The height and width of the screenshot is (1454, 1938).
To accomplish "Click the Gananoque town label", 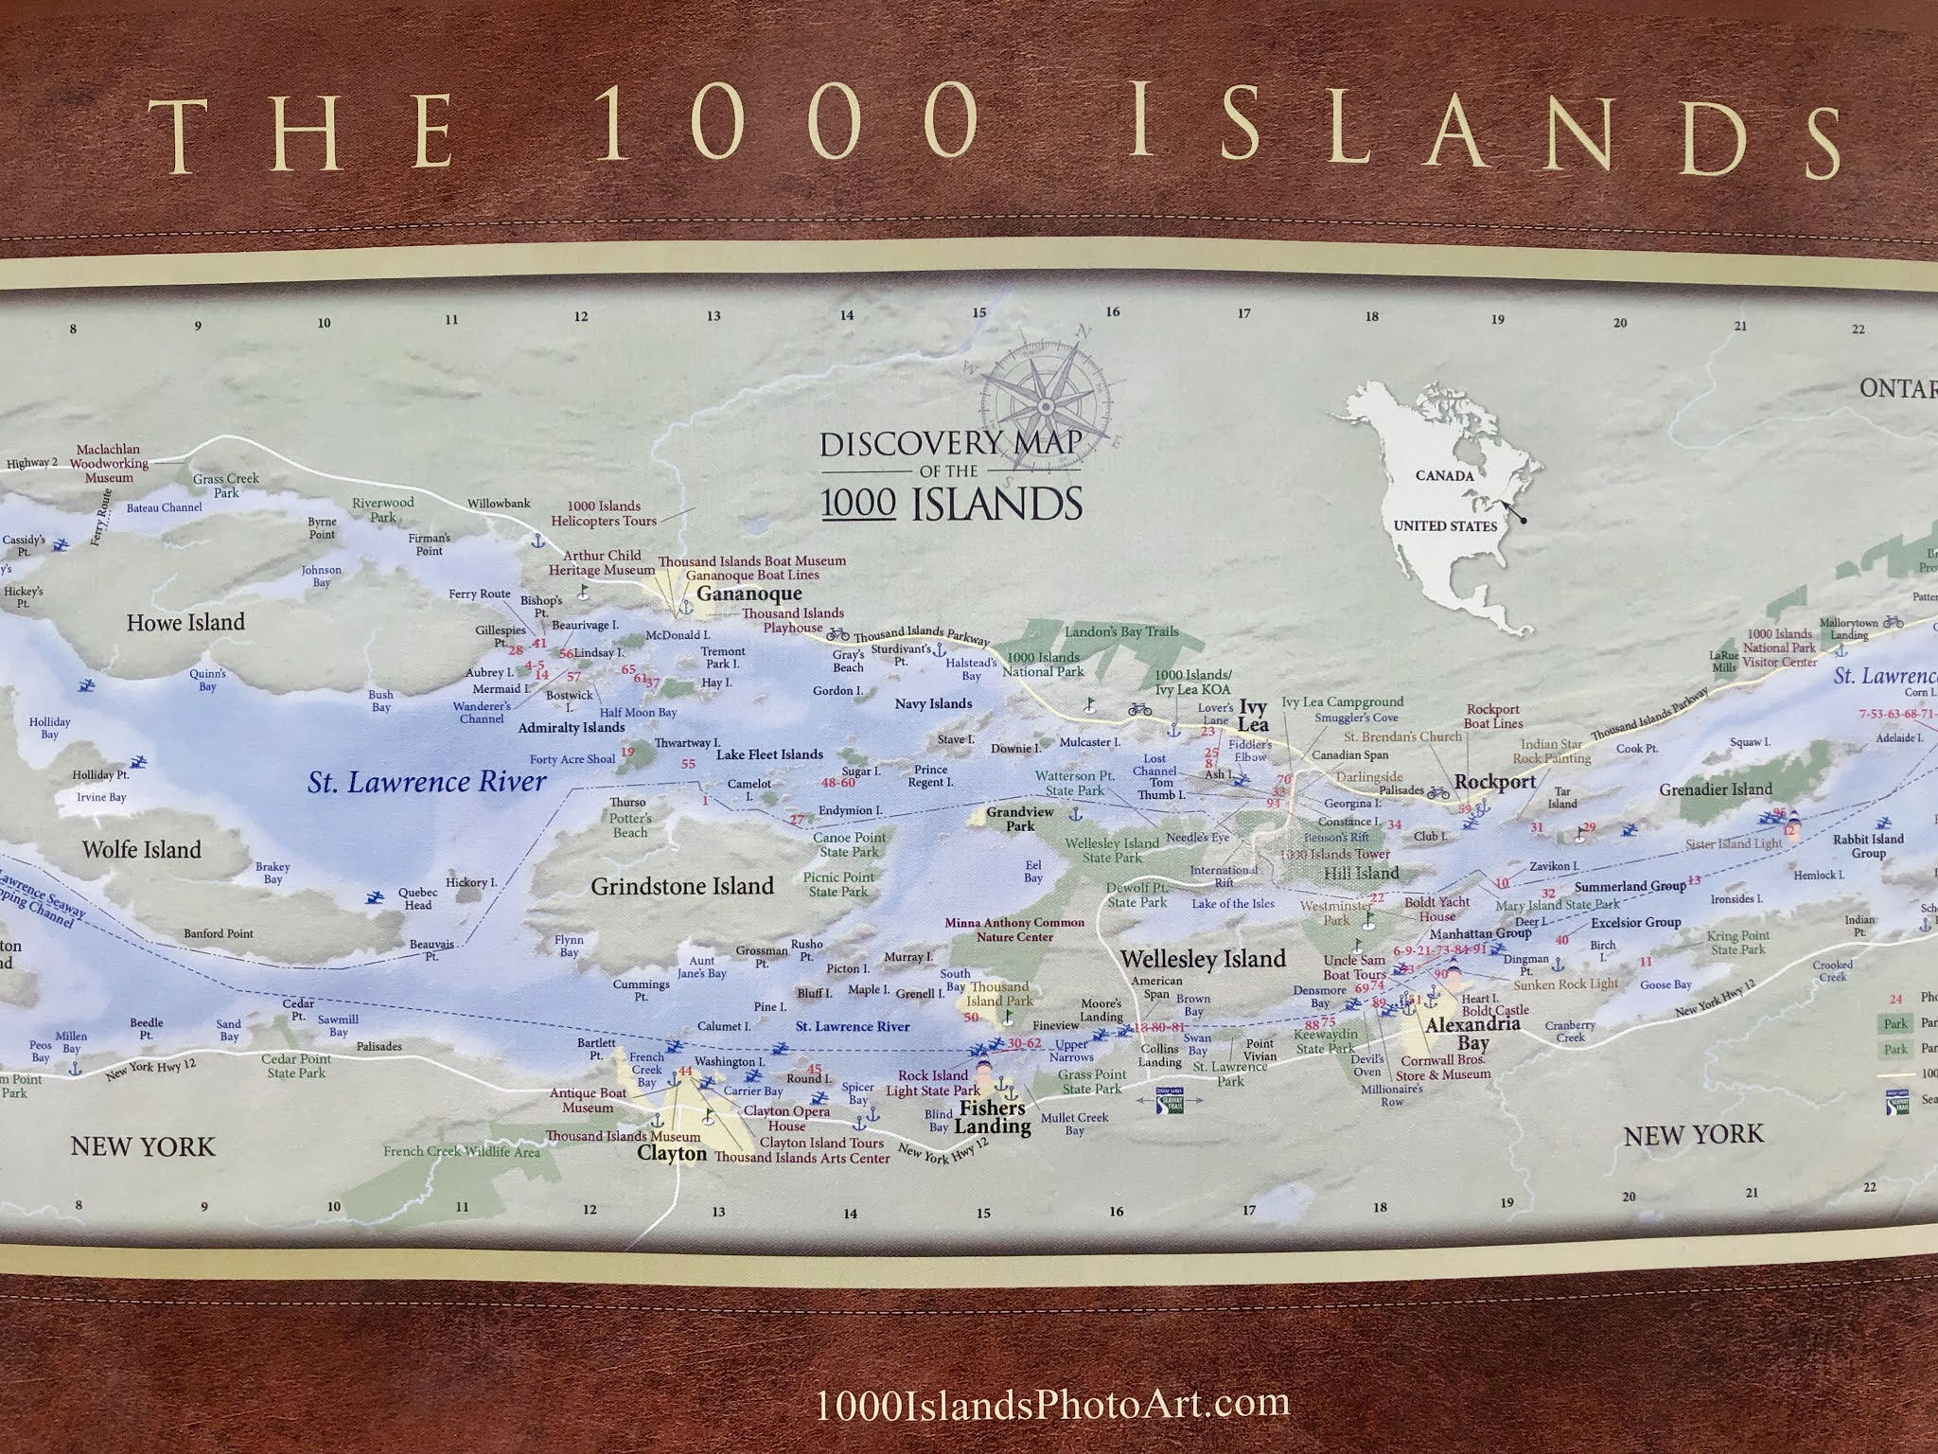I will point(749,594).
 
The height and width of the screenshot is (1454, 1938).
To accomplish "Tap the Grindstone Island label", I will point(682,886).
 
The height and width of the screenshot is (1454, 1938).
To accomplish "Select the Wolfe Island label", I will point(142,849).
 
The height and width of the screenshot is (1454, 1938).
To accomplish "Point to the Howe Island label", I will point(185,622).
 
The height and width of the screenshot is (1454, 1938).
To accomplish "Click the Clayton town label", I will point(672,1153).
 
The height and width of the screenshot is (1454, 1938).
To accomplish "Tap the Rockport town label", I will point(1495,782).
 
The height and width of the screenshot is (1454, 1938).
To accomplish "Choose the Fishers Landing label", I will point(992,1117).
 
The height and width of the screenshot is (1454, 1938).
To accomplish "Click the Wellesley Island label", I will point(1203,958).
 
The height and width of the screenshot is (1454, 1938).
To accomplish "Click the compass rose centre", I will point(1046,407).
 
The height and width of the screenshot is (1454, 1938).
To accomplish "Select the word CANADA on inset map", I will point(1444,475).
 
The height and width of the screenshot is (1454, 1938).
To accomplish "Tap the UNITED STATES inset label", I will point(1445,525).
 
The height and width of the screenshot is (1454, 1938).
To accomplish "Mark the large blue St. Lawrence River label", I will point(427,783).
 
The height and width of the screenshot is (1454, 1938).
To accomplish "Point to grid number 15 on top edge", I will point(979,312).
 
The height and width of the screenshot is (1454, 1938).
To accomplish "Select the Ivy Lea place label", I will point(1253,716).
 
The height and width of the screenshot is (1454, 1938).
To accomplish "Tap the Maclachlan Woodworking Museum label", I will point(109,464).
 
